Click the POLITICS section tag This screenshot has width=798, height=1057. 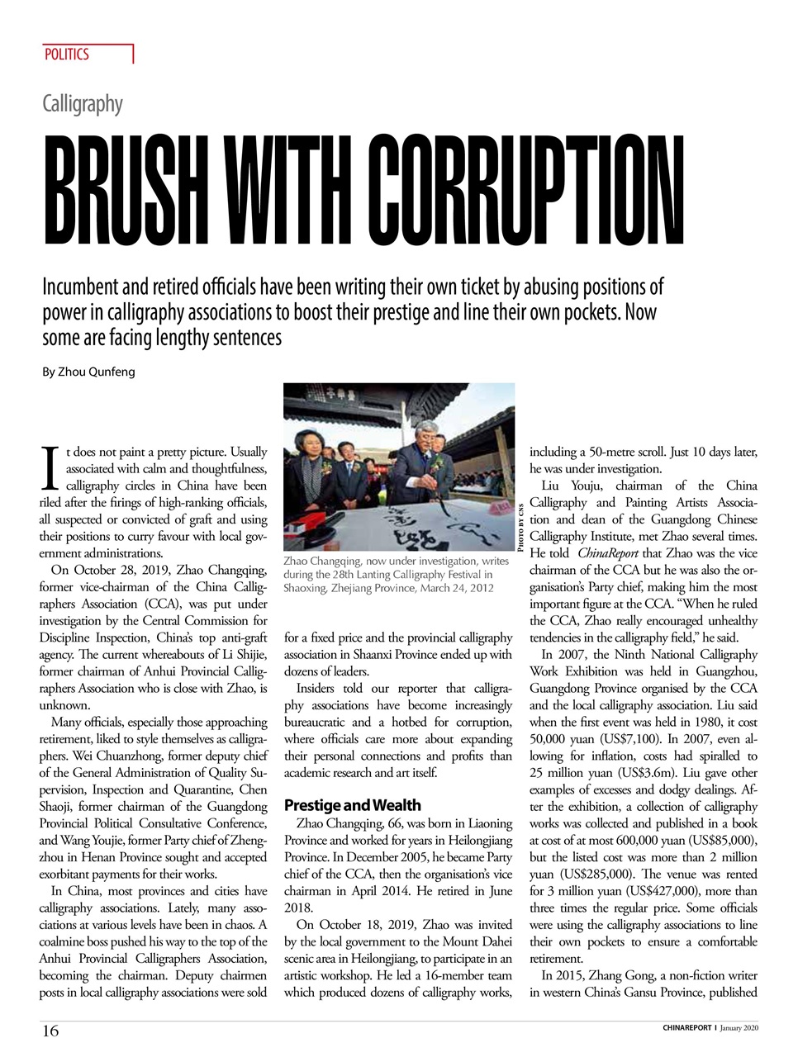(x=67, y=55)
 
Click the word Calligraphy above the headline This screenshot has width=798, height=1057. (x=83, y=104)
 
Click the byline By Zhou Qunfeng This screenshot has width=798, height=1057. (x=88, y=372)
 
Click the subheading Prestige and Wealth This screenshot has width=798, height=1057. (x=352, y=805)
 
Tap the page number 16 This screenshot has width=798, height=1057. (x=50, y=1031)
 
